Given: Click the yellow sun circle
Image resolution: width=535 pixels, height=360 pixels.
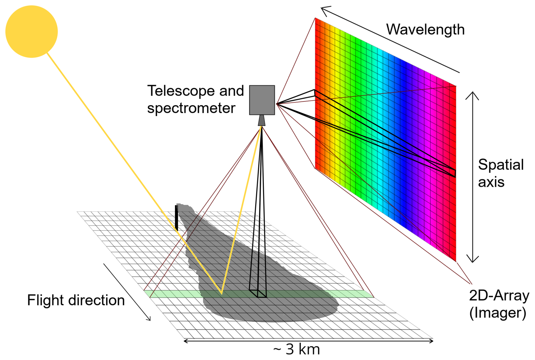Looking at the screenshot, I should coord(31,31).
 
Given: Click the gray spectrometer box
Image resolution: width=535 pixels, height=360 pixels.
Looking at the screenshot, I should coord(262,100).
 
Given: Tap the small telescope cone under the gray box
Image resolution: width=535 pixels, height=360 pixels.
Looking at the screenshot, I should coord(262,120).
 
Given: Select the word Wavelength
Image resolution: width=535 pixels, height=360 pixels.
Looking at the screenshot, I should coord(425,29).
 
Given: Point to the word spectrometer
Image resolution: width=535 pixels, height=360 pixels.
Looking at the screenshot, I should coord(191,108).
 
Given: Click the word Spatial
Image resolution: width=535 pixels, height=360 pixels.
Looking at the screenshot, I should coord(501,165).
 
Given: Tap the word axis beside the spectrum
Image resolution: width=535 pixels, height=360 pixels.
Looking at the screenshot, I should coord(491,182).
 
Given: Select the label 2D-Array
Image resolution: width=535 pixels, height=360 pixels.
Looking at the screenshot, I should coord(499,296).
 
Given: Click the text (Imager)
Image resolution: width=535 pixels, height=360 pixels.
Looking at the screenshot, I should coord(498,313).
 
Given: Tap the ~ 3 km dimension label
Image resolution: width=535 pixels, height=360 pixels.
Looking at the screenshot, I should coord(296,350).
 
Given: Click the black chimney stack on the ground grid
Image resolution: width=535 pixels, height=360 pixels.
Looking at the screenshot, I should coord(176,218).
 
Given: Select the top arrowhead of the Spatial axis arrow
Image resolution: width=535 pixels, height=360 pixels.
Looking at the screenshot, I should coord(472,95).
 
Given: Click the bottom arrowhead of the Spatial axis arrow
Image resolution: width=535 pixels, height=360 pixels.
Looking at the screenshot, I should coord(472,260).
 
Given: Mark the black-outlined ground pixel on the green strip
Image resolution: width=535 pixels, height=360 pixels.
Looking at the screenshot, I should coord(258,294).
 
